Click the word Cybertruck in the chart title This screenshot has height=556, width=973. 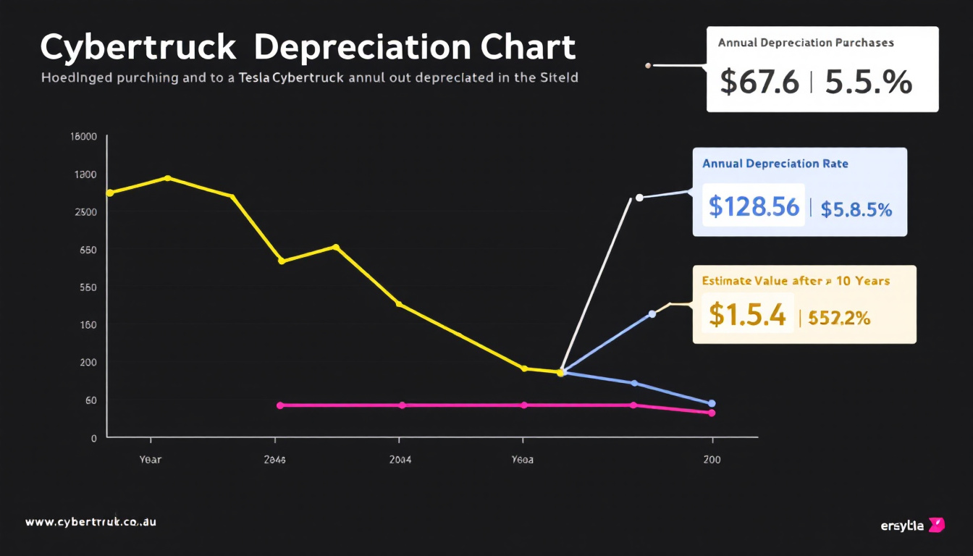click(x=138, y=48)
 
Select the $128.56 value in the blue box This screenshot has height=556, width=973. click(x=754, y=207)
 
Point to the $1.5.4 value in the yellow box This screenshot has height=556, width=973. click(x=747, y=314)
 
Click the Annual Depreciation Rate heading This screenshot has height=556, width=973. click(x=775, y=164)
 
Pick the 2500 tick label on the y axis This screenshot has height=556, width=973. click(x=85, y=212)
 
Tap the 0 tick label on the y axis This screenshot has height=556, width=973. click(x=93, y=438)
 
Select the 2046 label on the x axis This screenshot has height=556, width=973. click(x=274, y=460)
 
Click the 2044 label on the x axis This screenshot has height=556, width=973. click(x=400, y=460)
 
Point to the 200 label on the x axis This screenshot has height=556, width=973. click(x=712, y=460)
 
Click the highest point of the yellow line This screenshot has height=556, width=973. click(x=168, y=177)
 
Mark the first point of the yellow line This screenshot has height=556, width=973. click(x=109, y=193)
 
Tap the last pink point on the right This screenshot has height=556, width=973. click(x=712, y=413)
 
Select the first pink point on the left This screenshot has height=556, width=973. click(x=280, y=405)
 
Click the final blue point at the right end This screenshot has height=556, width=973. click(x=712, y=403)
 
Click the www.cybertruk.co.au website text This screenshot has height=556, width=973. click(x=90, y=522)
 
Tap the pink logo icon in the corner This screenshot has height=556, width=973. click(x=936, y=525)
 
